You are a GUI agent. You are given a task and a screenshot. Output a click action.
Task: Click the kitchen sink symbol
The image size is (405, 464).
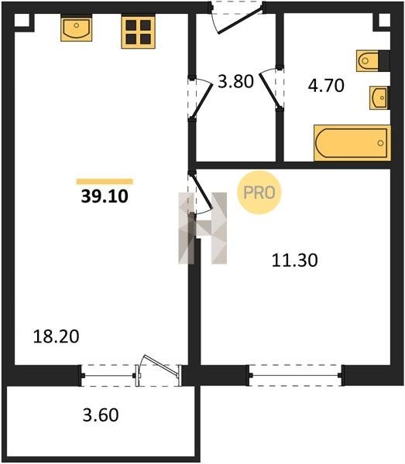tap(76, 29)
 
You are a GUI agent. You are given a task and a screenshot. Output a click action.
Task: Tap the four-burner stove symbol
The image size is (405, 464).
tap(138, 32)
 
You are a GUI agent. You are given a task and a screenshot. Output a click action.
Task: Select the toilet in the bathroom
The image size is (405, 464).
tap(372, 61)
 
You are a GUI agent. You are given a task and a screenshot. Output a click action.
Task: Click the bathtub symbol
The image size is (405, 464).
tap(352, 143)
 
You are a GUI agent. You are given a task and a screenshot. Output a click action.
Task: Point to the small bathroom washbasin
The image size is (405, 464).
tap(379, 98)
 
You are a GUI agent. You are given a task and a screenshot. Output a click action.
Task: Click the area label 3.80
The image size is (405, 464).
tap(235, 82)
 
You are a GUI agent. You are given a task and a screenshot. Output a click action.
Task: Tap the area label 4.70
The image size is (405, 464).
tap(326, 86)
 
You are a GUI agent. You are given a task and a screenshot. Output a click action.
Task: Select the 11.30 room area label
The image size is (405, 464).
tap(294, 261)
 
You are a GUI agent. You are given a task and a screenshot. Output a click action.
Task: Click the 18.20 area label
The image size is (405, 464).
tap(56, 336)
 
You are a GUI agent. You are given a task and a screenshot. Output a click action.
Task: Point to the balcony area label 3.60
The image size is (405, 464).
tap(101, 415)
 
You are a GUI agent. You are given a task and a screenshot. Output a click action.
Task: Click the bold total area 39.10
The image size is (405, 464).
tap(105, 196)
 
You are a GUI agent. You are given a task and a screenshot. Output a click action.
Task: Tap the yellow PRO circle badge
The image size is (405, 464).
tap(259, 193)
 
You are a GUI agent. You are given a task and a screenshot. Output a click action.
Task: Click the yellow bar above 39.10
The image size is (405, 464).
tap(105, 182)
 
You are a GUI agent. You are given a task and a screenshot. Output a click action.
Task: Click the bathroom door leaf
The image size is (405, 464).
tap(269, 90)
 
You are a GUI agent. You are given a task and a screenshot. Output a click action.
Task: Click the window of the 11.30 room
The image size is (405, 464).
tap(295, 376)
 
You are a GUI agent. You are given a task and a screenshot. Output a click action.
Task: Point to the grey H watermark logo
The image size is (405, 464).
tap(203, 228)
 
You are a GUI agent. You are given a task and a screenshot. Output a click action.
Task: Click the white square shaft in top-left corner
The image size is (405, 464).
tap(22, 20)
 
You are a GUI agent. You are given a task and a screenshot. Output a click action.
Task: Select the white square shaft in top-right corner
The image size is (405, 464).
tap(384, 19)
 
